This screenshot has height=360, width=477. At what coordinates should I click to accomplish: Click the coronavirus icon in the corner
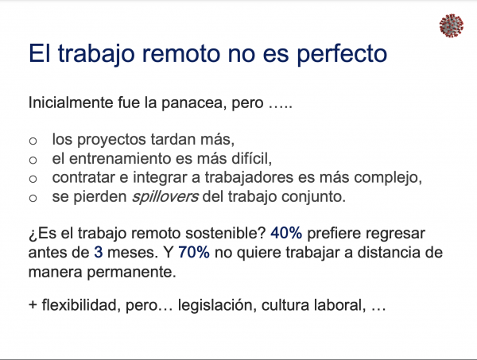[x=452, y=25]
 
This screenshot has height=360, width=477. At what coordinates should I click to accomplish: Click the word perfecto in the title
[x=342, y=54]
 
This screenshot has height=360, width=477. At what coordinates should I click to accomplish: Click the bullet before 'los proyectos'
[x=33, y=141]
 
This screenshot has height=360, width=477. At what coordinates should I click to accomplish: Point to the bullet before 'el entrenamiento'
[x=33, y=160]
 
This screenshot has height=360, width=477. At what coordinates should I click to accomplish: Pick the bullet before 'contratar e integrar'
[x=33, y=179]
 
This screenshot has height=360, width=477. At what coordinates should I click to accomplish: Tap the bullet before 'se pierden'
[x=33, y=198]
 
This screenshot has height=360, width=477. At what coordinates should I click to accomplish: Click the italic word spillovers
[x=165, y=197]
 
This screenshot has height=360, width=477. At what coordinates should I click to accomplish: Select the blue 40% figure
[x=286, y=233]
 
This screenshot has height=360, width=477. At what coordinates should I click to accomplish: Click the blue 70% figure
[x=194, y=253]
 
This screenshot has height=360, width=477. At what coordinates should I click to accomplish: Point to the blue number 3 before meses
[x=99, y=253]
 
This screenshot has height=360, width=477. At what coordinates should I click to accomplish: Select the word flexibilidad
[x=79, y=305]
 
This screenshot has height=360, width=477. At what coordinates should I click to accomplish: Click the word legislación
[x=215, y=305]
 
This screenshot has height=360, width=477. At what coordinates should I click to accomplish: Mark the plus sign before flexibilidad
[x=33, y=305]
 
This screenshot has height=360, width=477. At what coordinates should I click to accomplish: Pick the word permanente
[x=131, y=272]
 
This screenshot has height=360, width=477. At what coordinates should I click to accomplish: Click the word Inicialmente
[x=71, y=103]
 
